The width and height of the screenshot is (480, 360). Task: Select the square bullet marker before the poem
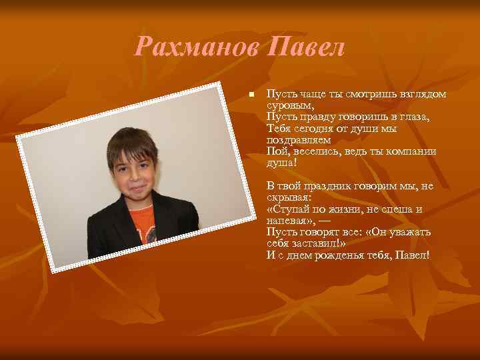[x=251, y=95]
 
